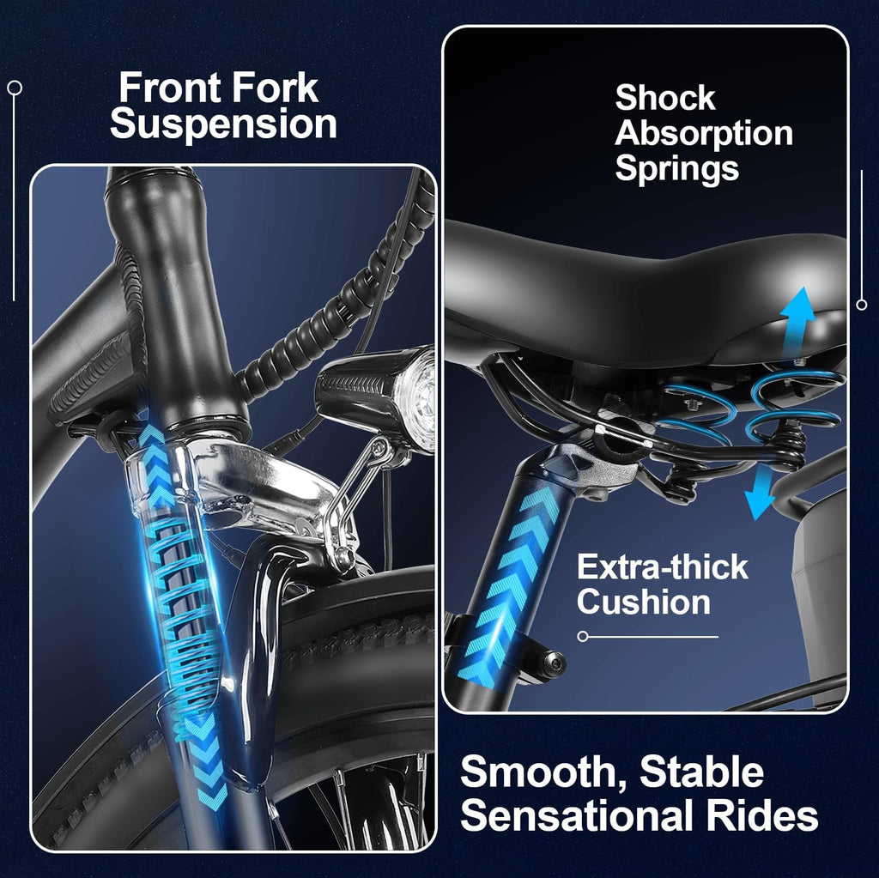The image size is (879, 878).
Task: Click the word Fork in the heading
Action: [276, 88]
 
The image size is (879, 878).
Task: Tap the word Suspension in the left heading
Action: [223, 124]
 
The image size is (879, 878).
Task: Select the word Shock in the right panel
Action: [665, 98]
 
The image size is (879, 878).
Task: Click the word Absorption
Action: [704, 133]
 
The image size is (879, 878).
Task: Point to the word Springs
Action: [677, 169]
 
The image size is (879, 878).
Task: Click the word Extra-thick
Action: [663, 566]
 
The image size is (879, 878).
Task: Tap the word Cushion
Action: [644, 602]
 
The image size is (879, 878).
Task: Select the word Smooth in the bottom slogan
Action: [543, 773]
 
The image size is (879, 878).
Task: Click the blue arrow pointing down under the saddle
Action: [763, 494]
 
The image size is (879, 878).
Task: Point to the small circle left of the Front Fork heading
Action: [15, 88]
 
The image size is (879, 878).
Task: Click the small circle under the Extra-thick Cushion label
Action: [583, 636]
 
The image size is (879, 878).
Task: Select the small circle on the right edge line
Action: [862, 305]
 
